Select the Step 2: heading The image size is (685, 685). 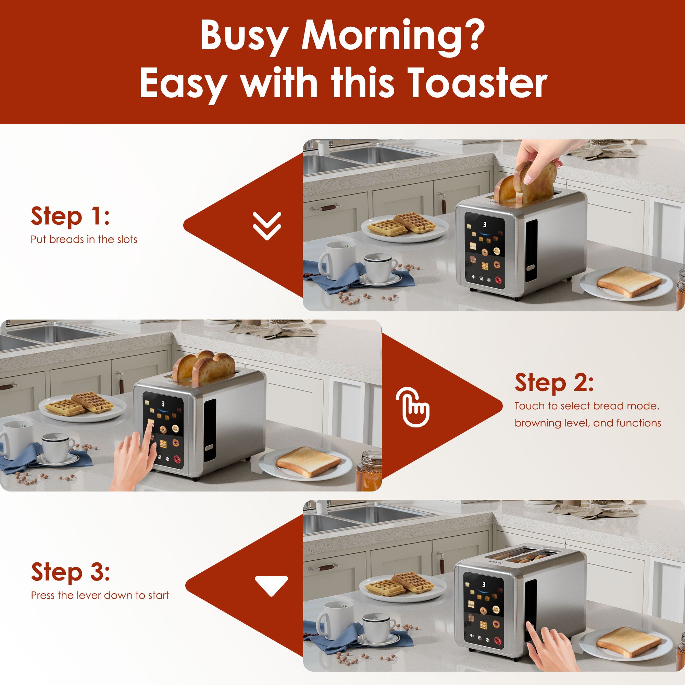[554, 383]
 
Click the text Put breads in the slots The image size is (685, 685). [84, 239]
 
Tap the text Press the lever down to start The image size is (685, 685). [100, 595]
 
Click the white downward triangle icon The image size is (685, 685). [271, 585]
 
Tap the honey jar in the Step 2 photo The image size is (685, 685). [369, 470]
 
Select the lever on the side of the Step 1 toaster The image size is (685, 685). [531, 269]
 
